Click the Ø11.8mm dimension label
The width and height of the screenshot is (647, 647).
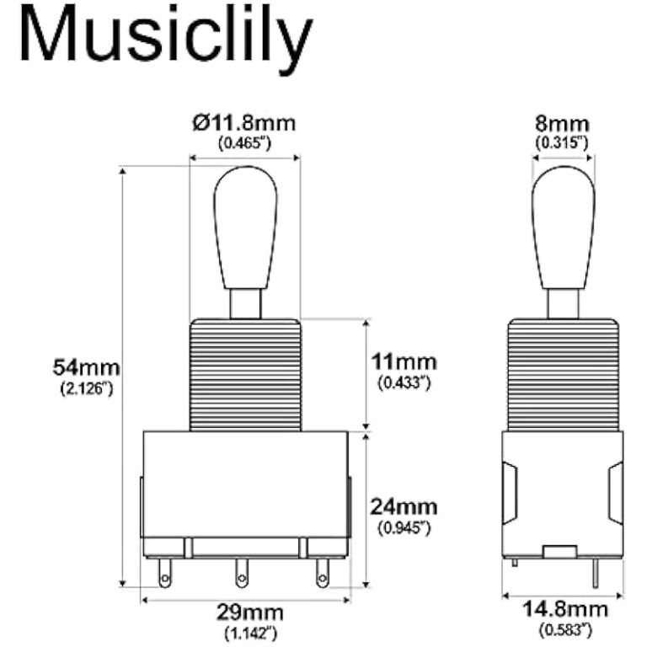(244, 124)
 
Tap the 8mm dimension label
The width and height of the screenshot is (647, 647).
(563, 124)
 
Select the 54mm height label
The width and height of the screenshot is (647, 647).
(86, 368)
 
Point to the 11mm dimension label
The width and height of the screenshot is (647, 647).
(404, 362)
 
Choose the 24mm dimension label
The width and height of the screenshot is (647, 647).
(404, 507)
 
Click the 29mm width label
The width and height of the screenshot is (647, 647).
(250, 612)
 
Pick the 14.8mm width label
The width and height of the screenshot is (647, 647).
(564, 608)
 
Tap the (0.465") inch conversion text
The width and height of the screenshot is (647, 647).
(244, 143)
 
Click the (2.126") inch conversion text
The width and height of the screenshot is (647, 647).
(86, 389)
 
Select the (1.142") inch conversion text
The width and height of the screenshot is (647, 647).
(250, 632)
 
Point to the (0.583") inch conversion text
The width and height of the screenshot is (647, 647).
(564, 628)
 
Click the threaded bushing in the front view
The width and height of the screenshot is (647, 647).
(245, 374)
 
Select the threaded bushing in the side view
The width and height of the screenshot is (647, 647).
(564, 374)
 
